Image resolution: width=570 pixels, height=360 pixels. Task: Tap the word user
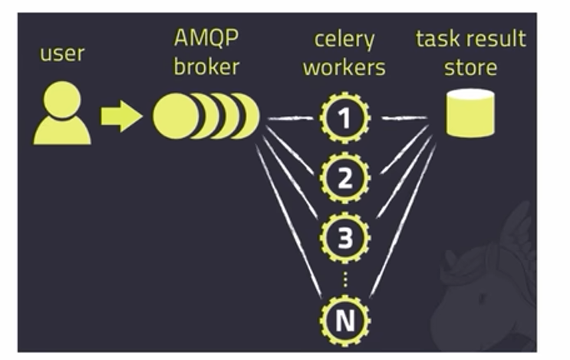click(62, 54)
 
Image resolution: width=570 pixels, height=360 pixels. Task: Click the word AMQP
click(206, 38)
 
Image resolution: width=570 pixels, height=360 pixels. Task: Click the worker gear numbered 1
click(345, 117)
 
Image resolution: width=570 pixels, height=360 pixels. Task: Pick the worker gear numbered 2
click(345, 178)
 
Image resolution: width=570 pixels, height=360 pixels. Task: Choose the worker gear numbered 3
click(345, 239)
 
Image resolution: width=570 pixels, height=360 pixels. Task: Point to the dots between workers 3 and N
click(345, 281)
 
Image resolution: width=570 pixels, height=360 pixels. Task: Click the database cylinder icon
click(470, 113)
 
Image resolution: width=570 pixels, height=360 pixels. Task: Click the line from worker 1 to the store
click(403, 117)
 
